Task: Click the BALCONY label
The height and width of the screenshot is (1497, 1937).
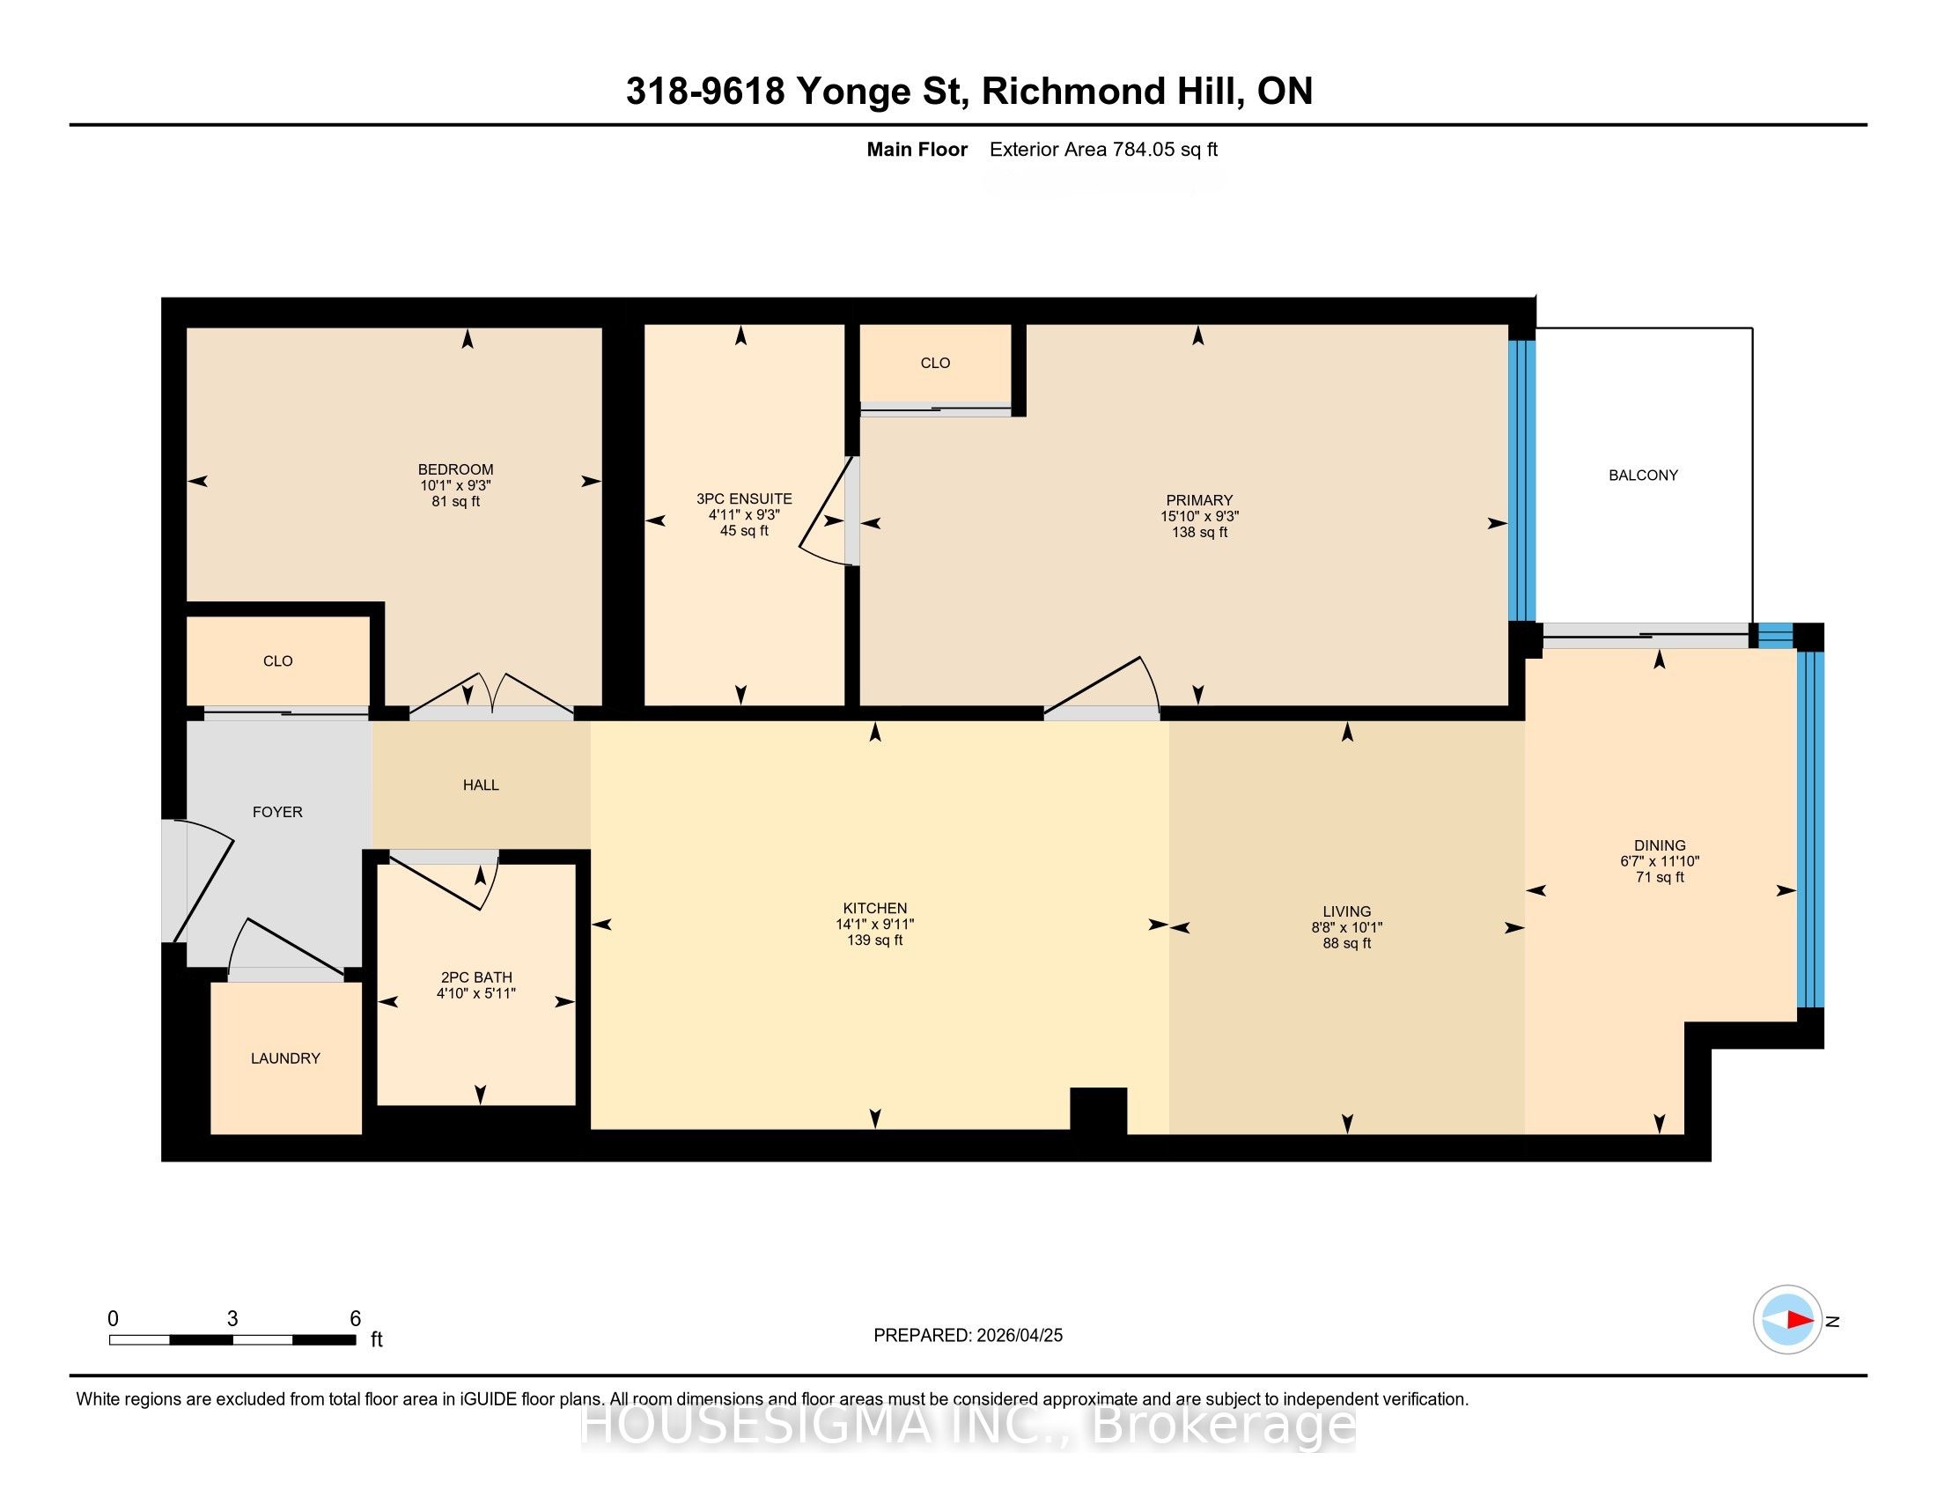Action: tap(1643, 476)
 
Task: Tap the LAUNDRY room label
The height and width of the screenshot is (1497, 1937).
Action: tap(285, 1058)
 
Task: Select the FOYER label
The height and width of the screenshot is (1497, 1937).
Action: tap(277, 812)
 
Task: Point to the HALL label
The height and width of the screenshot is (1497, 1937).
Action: tap(481, 785)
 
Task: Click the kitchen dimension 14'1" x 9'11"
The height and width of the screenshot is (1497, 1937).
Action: tap(874, 924)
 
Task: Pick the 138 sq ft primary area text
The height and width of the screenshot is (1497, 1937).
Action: tap(1199, 532)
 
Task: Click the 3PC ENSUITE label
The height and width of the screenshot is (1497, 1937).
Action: tap(744, 498)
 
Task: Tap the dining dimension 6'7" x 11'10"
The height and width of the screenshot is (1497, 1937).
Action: tap(1660, 861)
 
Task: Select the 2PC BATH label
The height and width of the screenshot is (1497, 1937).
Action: tap(476, 977)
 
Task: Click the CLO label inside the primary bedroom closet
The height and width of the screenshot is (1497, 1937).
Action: tap(935, 363)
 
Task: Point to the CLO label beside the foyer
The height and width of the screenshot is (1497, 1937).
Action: tap(277, 660)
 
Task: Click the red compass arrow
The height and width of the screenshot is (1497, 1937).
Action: tap(1801, 1321)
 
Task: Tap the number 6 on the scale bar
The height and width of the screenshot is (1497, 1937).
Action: tap(355, 1319)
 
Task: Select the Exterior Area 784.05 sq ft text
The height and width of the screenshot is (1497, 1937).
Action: tap(1103, 150)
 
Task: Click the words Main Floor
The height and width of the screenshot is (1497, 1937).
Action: tap(917, 150)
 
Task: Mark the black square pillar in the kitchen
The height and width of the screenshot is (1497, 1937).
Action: tap(1098, 1110)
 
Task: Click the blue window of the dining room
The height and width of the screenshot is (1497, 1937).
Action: tap(1810, 830)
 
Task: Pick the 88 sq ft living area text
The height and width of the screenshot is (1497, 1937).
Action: tap(1346, 944)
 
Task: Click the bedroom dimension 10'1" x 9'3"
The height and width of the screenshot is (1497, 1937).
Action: tap(456, 486)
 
